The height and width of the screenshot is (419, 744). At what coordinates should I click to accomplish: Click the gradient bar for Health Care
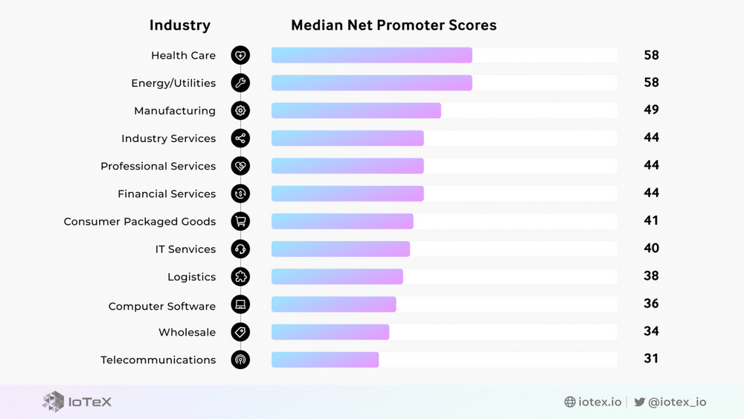click(x=371, y=55)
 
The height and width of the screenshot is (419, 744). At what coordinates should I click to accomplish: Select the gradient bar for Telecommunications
click(x=325, y=359)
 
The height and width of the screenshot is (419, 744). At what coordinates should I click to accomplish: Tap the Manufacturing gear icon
click(x=240, y=111)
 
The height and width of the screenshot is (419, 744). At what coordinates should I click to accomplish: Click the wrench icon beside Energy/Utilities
click(x=240, y=83)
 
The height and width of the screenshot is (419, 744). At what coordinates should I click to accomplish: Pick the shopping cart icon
click(x=240, y=221)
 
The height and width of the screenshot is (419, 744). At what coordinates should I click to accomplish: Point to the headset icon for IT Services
click(x=240, y=249)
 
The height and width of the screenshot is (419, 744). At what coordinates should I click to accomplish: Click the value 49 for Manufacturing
click(x=651, y=110)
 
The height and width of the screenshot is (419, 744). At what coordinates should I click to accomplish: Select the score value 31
click(x=651, y=359)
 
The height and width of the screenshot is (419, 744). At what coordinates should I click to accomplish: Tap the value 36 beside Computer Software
click(x=651, y=304)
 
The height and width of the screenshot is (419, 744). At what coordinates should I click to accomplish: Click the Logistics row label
click(x=191, y=277)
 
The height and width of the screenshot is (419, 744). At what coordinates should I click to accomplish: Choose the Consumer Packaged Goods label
click(x=140, y=222)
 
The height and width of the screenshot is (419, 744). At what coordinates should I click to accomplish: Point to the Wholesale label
click(x=187, y=332)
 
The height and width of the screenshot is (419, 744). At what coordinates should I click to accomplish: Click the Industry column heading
click(x=180, y=25)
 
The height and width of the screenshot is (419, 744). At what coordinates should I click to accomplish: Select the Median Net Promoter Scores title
click(x=394, y=25)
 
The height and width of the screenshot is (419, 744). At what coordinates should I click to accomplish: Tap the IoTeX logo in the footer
click(x=77, y=402)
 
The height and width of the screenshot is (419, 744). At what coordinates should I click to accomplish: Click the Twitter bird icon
click(x=639, y=402)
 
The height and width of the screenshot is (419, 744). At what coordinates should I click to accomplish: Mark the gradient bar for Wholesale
click(x=330, y=332)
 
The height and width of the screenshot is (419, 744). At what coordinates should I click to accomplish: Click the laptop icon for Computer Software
click(x=240, y=304)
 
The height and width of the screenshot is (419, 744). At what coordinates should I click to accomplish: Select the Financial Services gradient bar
click(x=347, y=193)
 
